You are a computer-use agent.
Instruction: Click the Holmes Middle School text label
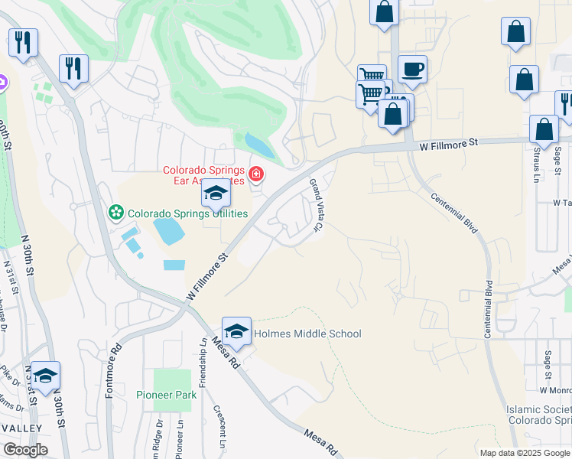(x=307, y=334)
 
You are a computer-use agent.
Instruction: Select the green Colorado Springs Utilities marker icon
(x=116, y=211)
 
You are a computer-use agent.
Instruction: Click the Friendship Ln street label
(x=203, y=363)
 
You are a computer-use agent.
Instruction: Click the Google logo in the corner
(x=25, y=450)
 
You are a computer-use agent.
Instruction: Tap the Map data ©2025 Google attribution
(x=525, y=453)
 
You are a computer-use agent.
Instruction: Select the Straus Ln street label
(x=531, y=165)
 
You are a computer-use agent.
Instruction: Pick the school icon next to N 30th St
(x=45, y=376)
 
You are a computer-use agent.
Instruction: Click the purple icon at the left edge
(x=2, y=81)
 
